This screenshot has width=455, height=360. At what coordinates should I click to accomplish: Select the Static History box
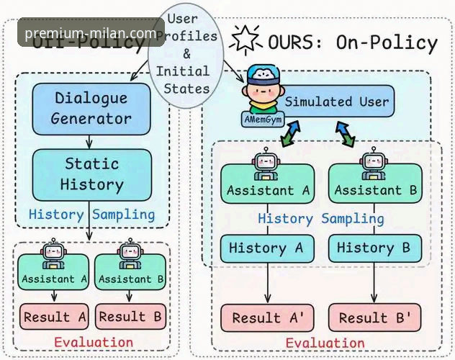click(91, 174)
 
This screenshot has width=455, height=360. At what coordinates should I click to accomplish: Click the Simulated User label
click(336, 102)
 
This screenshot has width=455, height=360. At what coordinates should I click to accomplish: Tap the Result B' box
click(375, 318)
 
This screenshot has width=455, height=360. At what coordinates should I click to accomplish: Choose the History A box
click(267, 248)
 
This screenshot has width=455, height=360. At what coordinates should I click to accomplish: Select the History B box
click(374, 248)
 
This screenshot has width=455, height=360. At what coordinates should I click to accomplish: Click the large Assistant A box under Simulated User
click(267, 184)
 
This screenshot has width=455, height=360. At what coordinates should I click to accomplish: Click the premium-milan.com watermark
click(91, 33)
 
